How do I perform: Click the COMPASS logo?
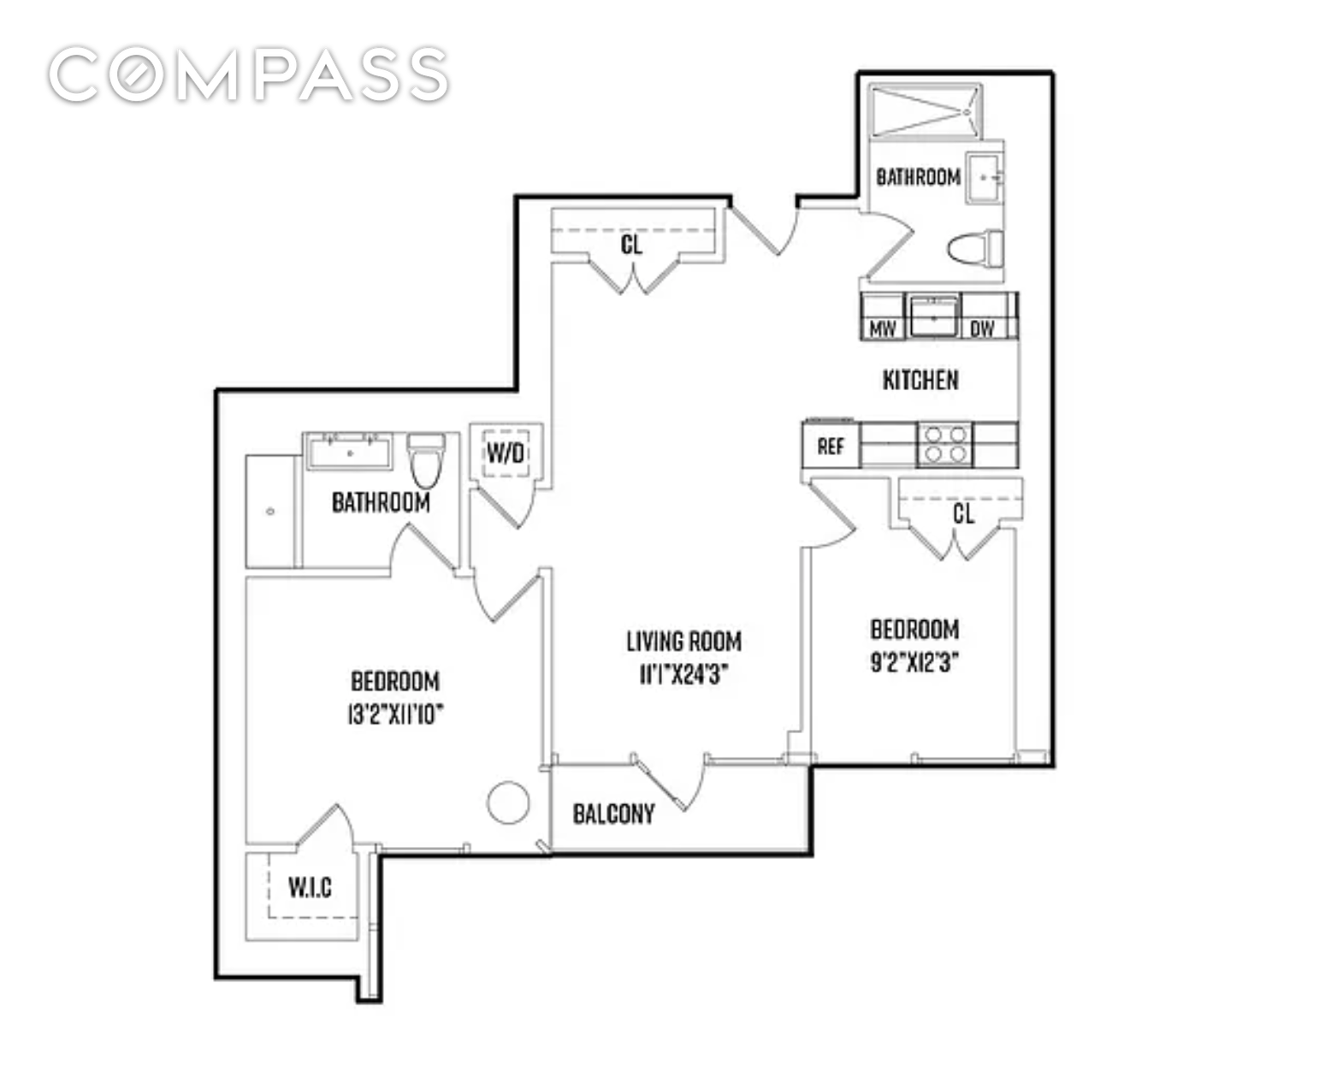pos(248,74)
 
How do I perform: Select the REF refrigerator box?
pos(831,446)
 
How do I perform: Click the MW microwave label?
pos(882,329)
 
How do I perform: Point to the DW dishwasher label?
pos(982,329)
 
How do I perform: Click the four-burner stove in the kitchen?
pos(946,445)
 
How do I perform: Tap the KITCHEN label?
pos(920,380)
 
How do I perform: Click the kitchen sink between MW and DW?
pos(933,316)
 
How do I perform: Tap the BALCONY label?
pos(613,814)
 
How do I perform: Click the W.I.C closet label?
pos(310,887)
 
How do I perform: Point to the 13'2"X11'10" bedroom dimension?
pos(395,714)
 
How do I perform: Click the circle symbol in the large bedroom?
pos(508,803)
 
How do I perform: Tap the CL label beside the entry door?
pos(631,246)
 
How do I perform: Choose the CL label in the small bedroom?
pos(963,513)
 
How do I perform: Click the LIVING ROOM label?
pos(683,641)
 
